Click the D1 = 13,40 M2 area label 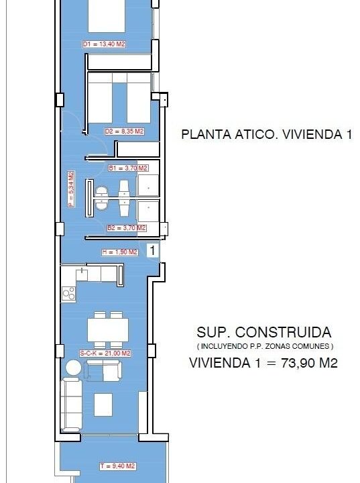click(x=104, y=44)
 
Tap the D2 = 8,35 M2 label click(x=124, y=131)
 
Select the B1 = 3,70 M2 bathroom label click(x=128, y=168)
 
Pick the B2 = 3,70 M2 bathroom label click(x=127, y=228)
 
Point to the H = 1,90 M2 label click(x=120, y=252)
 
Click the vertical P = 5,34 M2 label click(x=71, y=189)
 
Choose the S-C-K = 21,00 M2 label click(x=105, y=354)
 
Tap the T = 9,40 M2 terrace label click(x=117, y=466)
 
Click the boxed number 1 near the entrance click(x=152, y=250)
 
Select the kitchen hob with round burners click(x=68, y=293)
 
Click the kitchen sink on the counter click(x=82, y=274)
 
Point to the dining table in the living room click(x=108, y=330)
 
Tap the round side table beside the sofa click(x=74, y=368)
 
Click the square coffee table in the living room click(x=103, y=405)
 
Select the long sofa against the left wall click(x=72, y=405)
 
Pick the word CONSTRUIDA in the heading click(x=284, y=332)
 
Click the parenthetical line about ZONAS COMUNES click(x=265, y=347)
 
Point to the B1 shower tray click(x=148, y=185)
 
